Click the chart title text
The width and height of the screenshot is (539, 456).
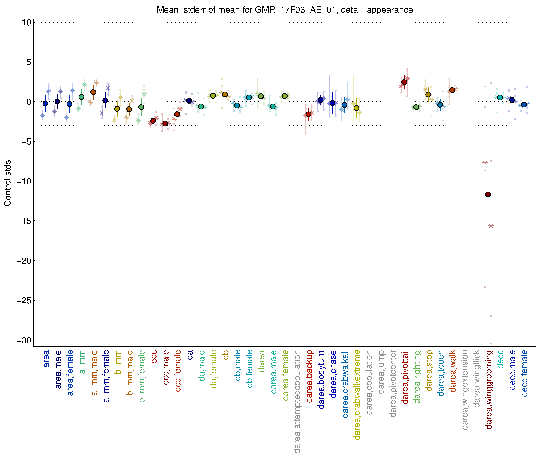pos(285,10)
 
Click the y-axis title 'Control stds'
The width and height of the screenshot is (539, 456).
pos(8,183)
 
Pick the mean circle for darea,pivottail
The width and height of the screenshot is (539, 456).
pos(404,82)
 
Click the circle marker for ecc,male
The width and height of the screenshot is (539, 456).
pos(165,124)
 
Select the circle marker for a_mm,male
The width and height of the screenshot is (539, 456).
pos(93,92)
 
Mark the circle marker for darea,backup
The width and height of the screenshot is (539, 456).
pos(308,114)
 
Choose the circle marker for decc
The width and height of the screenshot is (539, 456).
pos(500,97)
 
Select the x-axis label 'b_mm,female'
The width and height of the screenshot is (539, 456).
pos(142,376)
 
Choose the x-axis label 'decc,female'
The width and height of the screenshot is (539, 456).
pos(524,373)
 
